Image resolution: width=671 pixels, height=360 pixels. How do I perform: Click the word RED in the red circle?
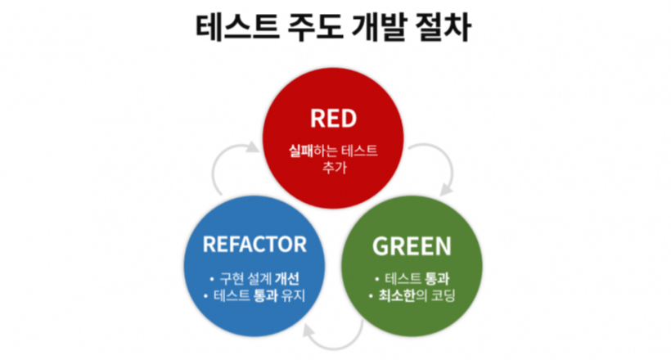(x=333, y=119)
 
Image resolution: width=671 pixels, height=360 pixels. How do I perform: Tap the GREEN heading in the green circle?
(x=412, y=245)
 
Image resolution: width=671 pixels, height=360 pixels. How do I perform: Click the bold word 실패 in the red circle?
(x=301, y=151)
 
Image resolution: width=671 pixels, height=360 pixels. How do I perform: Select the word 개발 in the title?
(x=371, y=29)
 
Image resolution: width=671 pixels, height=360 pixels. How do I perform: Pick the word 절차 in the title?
(x=443, y=29)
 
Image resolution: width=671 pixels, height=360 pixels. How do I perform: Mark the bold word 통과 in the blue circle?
(x=261, y=295)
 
